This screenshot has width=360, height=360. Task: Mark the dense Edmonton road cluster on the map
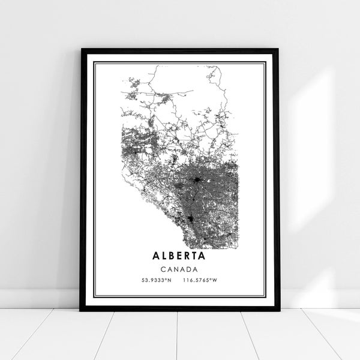[197, 179]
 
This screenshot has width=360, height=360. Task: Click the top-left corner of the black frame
[81, 50]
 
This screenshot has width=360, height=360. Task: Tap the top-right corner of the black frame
[278, 50]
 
